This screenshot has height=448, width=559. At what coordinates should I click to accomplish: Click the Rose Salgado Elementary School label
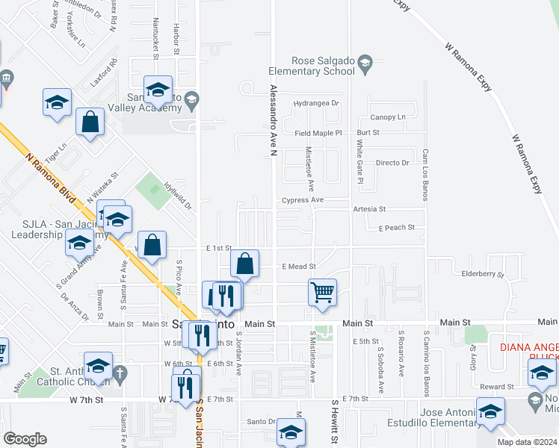point(312,66)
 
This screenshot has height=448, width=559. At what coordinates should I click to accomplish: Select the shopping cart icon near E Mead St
point(322,292)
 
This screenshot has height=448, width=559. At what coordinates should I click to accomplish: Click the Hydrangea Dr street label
point(316,103)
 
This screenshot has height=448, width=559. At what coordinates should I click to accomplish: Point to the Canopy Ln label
point(388,117)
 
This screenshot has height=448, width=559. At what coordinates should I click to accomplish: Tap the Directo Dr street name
point(393,163)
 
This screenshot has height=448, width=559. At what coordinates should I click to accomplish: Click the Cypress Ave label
point(303,200)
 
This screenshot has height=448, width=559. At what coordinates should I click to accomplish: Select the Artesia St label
point(370,210)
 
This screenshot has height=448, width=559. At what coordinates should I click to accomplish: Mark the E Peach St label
point(395,227)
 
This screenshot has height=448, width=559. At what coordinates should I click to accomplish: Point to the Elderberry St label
point(484,275)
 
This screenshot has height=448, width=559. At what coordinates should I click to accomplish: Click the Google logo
point(25,438)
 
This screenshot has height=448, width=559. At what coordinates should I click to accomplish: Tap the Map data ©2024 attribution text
point(526,442)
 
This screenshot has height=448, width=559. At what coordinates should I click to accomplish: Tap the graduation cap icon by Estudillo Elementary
point(490,413)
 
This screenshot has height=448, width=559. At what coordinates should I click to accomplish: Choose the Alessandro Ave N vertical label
point(274,119)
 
